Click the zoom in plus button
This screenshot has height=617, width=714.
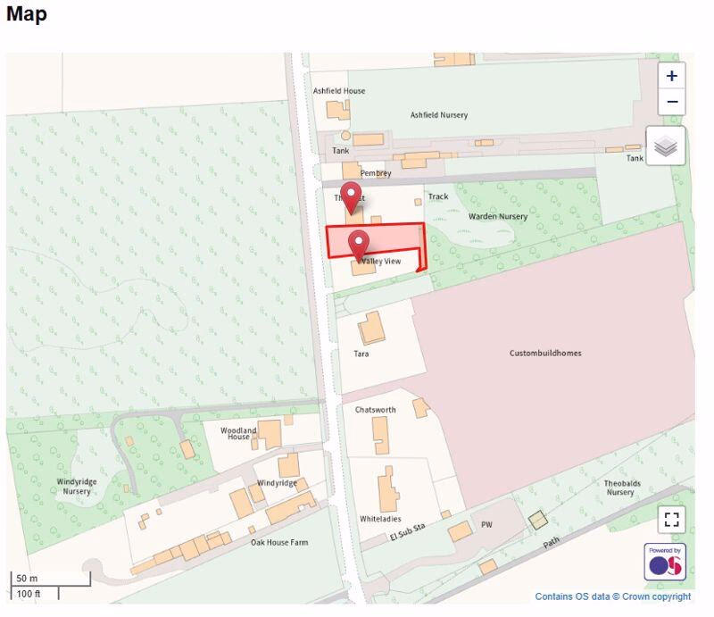click(x=671, y=76)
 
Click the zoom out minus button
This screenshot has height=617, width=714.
click(x=671, y=102)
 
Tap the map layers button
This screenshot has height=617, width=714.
click(x=666, y=146)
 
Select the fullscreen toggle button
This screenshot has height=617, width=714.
click(x=672, y=519)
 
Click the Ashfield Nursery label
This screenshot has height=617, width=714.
click(x=438, y=115)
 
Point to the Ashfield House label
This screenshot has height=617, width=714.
click(x=339, y=91)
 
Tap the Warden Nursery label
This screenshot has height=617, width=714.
click(x=498, y=216)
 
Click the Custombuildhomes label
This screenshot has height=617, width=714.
click(x=545, y=353)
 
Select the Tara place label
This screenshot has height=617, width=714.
click(x=361, y=354)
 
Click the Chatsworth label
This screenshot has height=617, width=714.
click(x=375, y=410)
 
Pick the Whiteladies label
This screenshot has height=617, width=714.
click(x=380, y=519)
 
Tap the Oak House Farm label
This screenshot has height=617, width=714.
click(x=278, y=542)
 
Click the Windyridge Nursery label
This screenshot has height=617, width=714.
click(x=77, y=487)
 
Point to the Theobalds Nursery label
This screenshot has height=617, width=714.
click(x=621, y=488)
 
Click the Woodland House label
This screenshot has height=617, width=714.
click(x=238, y=433)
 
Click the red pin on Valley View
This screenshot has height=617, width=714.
click(x=359, y=242)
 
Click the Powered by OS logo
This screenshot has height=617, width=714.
click(x=665, y=561)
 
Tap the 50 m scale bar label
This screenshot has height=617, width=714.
click(x=28, y=579)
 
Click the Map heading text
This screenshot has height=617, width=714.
click(x=27, y=14)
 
